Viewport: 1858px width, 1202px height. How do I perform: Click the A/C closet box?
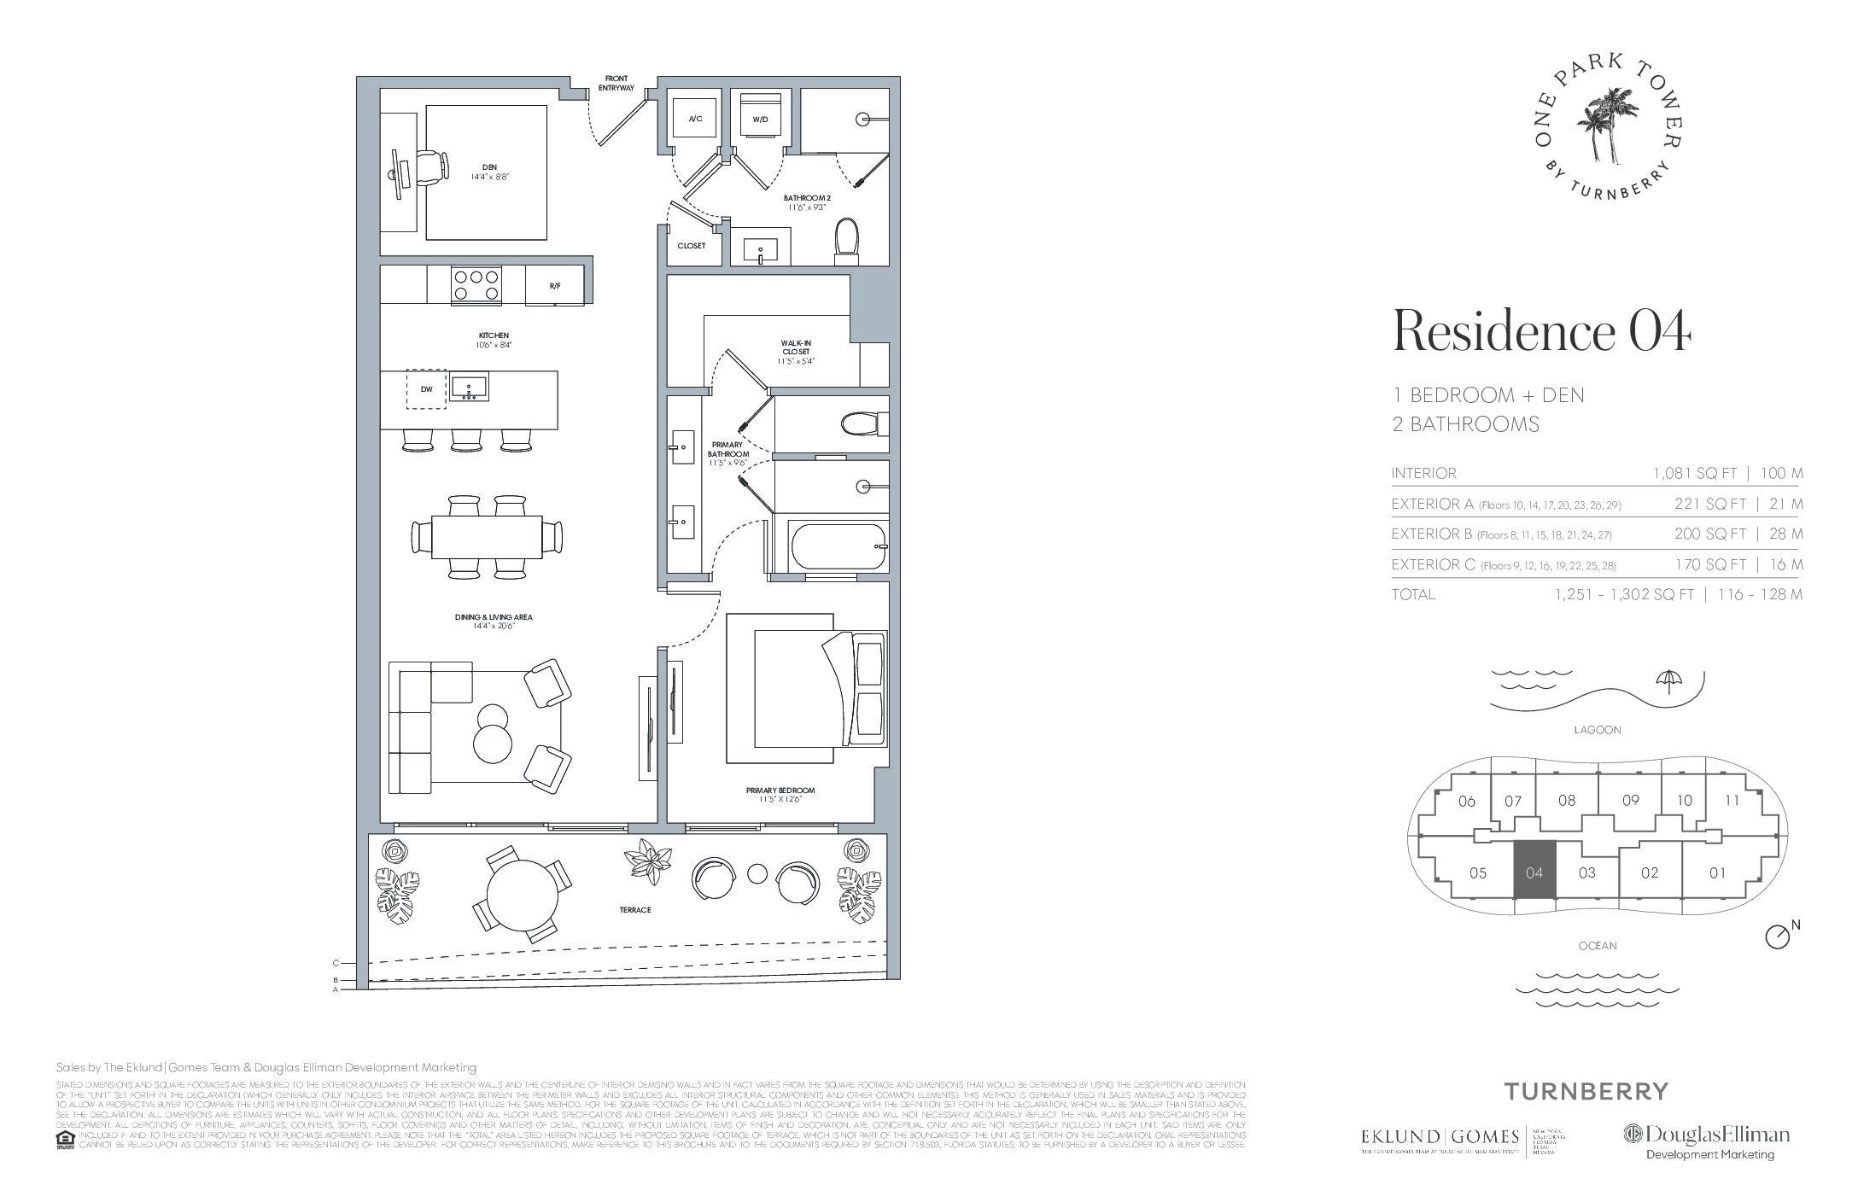tap(695, 119)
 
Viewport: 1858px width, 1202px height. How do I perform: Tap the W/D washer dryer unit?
tap(759, 119)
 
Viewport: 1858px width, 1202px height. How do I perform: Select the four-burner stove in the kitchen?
tap(476, 284)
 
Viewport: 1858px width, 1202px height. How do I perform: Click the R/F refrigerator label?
tap(555, 285)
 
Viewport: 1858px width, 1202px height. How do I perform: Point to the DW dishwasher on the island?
tap(427, 389)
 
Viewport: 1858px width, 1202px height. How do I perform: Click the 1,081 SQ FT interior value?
tap(1698, 473)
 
